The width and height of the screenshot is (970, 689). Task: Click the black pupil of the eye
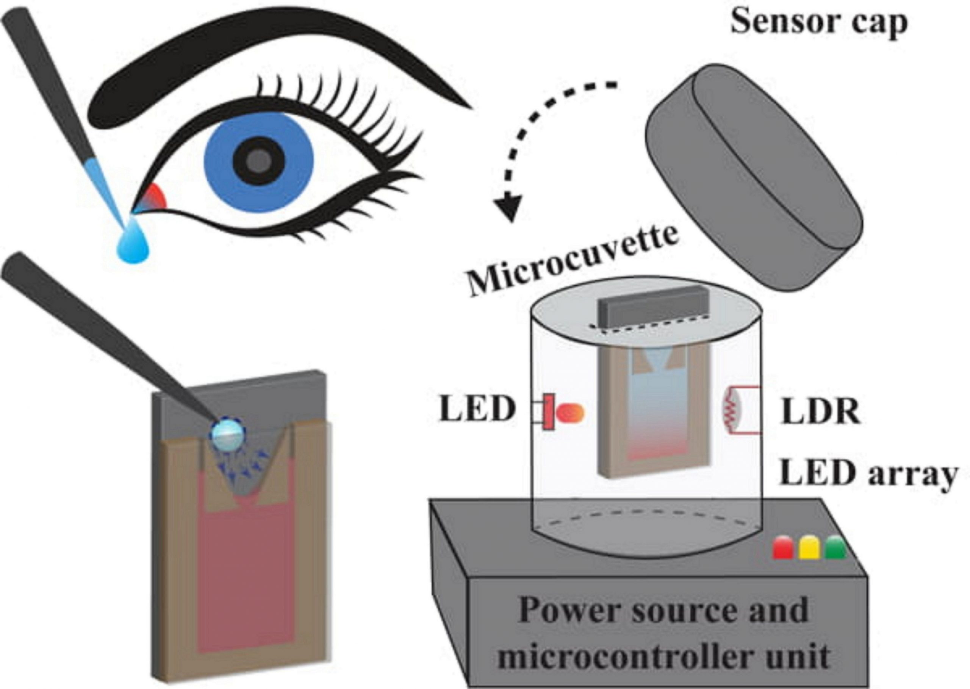click(x=260, y=161)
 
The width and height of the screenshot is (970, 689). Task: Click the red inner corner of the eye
click(x=155, y=198)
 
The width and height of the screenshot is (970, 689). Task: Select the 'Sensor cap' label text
click(x=818, y=22)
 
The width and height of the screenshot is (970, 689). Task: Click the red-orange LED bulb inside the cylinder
click(x=571, y=412)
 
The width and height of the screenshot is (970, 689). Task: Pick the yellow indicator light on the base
click(x=809, y=547)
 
